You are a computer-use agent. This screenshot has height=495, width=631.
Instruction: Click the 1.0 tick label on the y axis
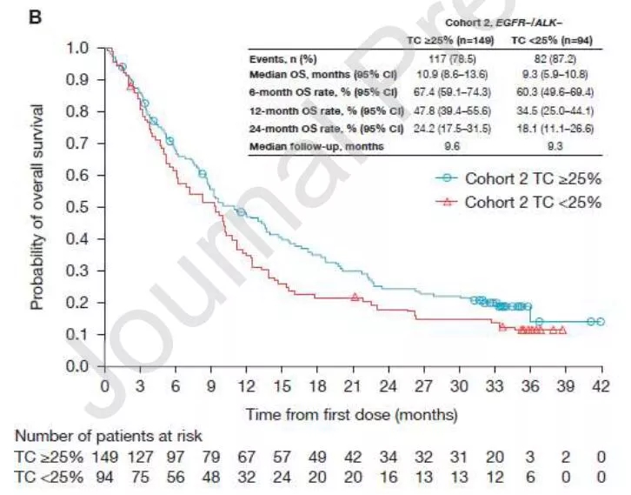click(80, 48)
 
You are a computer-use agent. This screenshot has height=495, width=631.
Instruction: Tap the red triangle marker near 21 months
click(355, 298)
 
